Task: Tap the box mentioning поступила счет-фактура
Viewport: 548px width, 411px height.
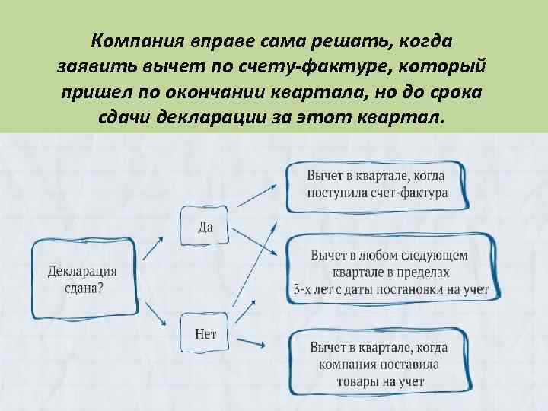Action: [x=378, y=185]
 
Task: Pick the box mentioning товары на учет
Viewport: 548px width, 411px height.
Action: [x=378, y=364]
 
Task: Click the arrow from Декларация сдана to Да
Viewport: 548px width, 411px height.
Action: [x=153, y=247]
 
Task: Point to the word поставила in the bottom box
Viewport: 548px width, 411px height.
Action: [x=412, y=364]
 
